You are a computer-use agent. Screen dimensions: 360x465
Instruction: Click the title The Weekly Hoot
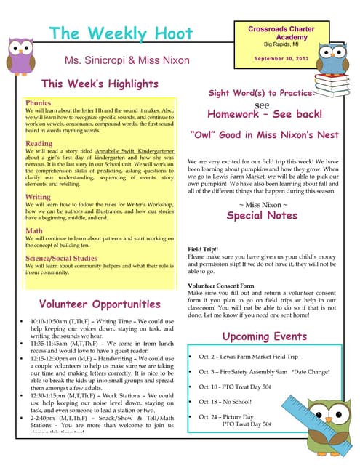(121, 33)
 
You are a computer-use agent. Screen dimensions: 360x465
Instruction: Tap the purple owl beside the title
(20, 57)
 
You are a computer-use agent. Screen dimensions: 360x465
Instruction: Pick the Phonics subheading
(38, 103)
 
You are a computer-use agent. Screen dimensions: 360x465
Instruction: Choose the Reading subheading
(39, 144)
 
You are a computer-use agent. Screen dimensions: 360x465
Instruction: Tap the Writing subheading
(38, 197)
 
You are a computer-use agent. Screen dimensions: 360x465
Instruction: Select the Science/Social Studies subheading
(62, 257)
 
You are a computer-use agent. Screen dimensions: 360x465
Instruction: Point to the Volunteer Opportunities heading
(100, 304)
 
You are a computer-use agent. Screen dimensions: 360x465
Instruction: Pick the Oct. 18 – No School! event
(230, 401)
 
